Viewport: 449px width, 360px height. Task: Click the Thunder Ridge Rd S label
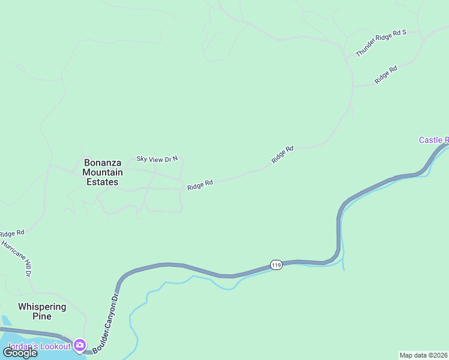point(381,43)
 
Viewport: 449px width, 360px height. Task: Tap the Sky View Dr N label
point(157,159)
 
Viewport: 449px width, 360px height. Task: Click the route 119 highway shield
point(276,265)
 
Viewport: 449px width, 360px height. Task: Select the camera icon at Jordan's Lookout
point(80,346)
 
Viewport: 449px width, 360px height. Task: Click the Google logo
point(20,352)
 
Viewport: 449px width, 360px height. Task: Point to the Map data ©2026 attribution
point(424,355)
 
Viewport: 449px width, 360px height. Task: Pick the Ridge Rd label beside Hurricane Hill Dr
point(12,233)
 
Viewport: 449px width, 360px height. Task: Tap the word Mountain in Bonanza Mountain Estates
point(102,172)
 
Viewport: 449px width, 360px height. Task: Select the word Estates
point(102,182)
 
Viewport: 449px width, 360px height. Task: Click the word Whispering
point(42,307)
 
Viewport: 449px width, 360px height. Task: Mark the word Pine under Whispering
point(42,317)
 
